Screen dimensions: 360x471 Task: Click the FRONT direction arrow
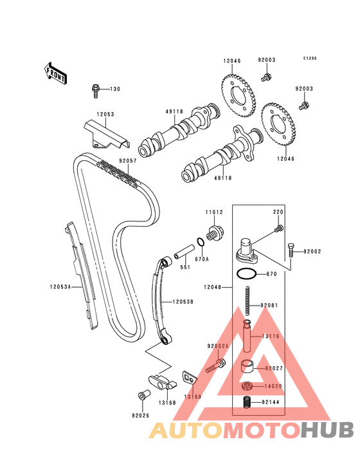(55, 73)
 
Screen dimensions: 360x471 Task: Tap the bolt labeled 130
(95, 91)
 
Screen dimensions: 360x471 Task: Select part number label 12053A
(60, 287)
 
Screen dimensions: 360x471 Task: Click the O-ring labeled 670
(247, 274)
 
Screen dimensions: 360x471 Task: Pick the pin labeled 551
(184, 252)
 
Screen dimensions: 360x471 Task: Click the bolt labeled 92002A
(215, 365)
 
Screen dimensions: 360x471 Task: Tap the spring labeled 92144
(247, 402)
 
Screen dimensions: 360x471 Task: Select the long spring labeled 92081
(248, 300)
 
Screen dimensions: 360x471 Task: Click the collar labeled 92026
(143, 395)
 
